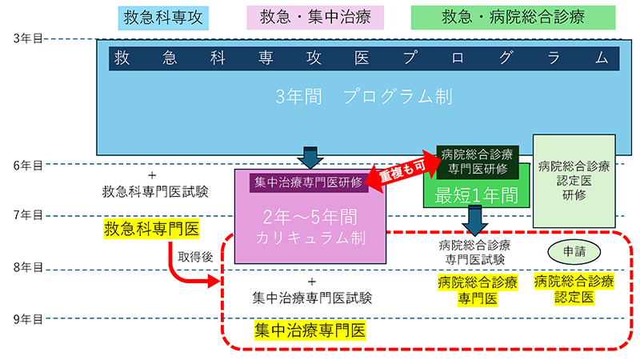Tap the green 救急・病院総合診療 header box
513,17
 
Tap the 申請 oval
574,250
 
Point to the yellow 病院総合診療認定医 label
574,289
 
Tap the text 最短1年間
477,194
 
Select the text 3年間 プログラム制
363,98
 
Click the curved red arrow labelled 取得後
189,270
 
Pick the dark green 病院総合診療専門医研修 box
477,161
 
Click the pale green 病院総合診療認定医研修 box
574,181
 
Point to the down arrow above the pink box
310,155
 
